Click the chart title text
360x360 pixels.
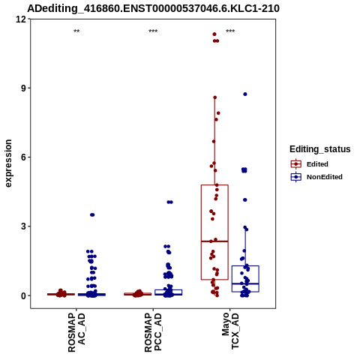tap(153, 8)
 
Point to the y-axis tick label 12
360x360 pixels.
tap(21, 19)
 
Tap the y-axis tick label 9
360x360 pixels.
tap(24, 88)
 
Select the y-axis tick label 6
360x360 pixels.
tap(24, 157)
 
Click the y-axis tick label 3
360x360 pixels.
tap(24, 226)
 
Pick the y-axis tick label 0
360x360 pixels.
tap(24, 295)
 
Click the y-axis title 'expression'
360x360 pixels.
tap(8, 163)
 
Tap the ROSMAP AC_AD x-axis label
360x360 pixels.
tap(76, 332)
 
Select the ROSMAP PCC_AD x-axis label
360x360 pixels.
tap(153, 332)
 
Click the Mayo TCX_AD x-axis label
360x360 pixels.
tap(230, 331)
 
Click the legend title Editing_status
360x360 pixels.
tap(320, 149)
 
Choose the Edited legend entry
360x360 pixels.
tap(310, 164)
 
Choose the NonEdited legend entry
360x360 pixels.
tap(316, 177)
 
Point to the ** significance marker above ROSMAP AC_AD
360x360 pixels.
tap(76, 31)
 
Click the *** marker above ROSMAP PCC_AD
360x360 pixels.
tap(153, 31)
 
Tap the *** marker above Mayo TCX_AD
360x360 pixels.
tap(230, 31)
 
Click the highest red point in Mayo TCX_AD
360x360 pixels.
tap(214, 34)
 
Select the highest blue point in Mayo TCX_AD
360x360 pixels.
tap(245, 94)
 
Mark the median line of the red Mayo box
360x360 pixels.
tap(214, 241)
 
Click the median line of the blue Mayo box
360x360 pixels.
tap(245, 283)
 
